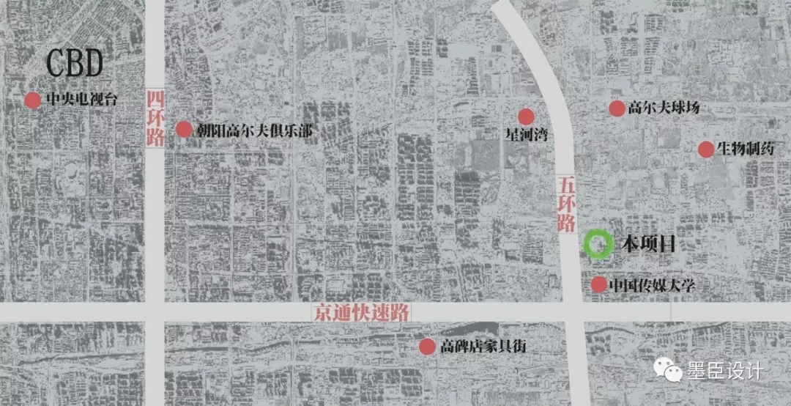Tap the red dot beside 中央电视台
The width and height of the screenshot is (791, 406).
coord(32,100)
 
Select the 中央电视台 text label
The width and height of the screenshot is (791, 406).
coord(81,100)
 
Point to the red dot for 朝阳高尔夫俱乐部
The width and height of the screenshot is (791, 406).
coord(184,130)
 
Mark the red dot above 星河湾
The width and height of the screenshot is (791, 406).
coord(526,117)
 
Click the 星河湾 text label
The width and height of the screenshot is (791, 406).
coord(526,136)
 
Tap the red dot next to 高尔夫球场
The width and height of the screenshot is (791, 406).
coord(617,108)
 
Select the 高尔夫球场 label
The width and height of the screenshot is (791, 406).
coord(664,108)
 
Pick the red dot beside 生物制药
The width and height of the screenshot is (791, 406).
coord(705,150)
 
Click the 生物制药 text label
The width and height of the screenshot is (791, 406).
coord(746,150)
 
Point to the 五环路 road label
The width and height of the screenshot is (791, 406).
coord(565,204)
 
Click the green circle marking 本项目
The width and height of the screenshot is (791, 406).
coord(598,244)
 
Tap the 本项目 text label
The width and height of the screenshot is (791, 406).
coord(647,244)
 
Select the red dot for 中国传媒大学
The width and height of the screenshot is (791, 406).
coord(598,284)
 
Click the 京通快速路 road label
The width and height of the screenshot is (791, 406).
coord(359,312)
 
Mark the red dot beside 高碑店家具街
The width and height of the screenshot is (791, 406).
coord(427,346)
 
